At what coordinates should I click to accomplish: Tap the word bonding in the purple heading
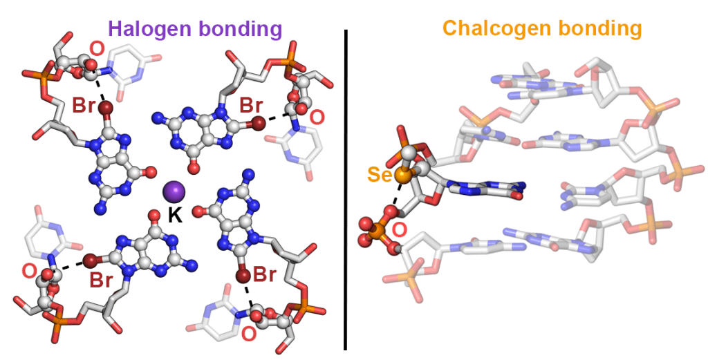tap(241, 29)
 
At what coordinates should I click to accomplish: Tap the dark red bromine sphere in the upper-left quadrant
tap(106, 108)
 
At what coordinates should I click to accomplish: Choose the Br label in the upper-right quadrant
tap(250, 105)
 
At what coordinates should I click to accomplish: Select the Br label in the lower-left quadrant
tap(100, 281)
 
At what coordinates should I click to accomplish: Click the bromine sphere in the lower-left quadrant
tap(89, 261)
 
